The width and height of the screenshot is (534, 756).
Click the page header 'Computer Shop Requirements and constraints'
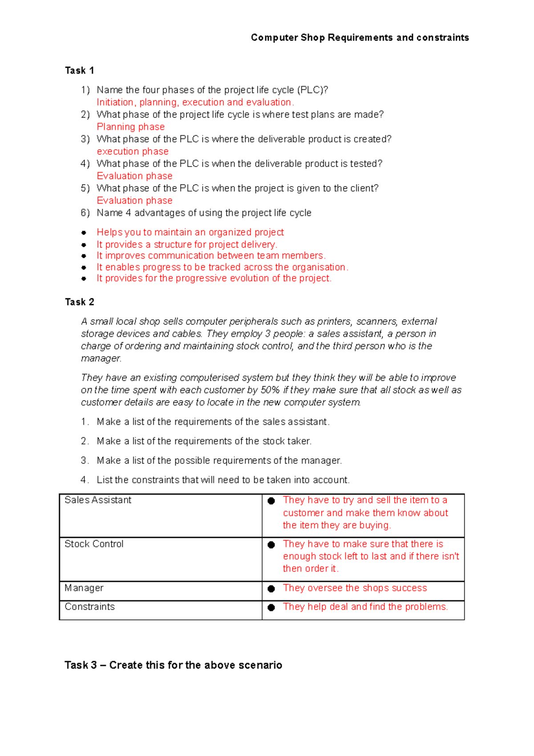pyautogui.click(x=360, y=37)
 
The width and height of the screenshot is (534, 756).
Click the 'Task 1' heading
pyautogui.click(x=79, y=70)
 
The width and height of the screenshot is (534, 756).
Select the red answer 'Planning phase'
pyautogui.click(x=130, y=127)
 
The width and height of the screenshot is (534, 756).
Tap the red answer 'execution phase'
pyautogui.click(x=133, y=151)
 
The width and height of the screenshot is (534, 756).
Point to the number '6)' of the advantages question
pyautogui.click(x=85, y=213)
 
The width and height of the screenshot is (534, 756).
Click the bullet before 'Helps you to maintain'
pyautogui.click(x=84, y=232)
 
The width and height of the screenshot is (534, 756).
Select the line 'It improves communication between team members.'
pyautogui.click(x=211, y=256)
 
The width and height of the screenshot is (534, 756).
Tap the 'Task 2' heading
pyautogui.click(x=79, y=302)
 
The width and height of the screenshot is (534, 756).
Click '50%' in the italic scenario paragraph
pyautogui.click(x=270, y=390)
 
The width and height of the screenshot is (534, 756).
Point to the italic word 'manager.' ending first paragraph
pyautogui.click(x=101, y=358)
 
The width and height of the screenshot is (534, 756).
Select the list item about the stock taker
pyautogui.click(x=204, y=441)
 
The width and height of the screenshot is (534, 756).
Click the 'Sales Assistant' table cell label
pyautogui.click(x=98, y=500)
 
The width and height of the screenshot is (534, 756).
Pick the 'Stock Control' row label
pyautogui.click(x=94, y=544)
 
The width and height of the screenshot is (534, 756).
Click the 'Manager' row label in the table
pyautogui.click(x=84, y=588)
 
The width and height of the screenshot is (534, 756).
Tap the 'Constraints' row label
pyautogui.click(x=89, y=607)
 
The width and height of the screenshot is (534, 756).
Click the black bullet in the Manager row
pyautogui.click(x=271, y=589)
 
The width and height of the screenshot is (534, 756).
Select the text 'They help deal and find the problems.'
pyautogui.click(x=365, y=607)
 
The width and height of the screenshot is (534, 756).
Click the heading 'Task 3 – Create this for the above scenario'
pyautogui.click(x=173, y=665)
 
